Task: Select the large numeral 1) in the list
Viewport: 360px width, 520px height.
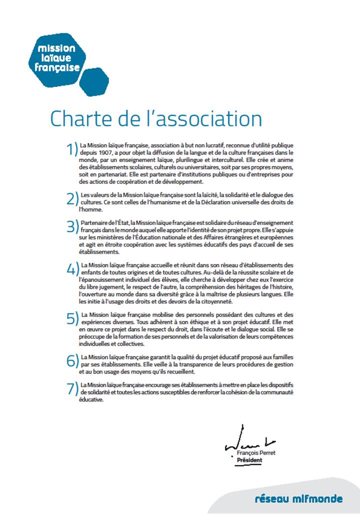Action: (72, 148)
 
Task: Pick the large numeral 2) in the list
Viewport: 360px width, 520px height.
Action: (73, 198)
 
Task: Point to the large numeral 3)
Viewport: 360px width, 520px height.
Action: (73, 226)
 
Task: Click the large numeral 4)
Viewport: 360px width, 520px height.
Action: (73, 268)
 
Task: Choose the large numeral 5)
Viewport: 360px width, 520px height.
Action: (73, 318)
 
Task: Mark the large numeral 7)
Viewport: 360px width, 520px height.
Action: (73, 388)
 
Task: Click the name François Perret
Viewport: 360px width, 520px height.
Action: (256, 452)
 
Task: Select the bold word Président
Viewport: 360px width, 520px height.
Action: (249, 460)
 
